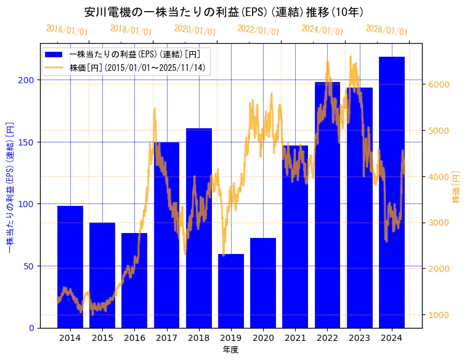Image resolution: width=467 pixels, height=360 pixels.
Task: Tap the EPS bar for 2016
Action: [x=134, y=280]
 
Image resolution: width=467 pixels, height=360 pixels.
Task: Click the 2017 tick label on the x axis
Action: [x=166, y=338]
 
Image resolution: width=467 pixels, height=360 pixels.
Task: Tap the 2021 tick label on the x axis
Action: [x=295, y=338]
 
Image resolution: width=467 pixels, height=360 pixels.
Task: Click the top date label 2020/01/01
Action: [x=195, y=30]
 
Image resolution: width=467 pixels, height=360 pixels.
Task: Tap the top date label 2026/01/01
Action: [x=386, y=30]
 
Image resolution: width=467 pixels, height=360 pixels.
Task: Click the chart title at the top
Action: [x=224, y=12]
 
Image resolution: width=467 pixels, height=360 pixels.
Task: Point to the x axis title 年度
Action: [x=231, y=350]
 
